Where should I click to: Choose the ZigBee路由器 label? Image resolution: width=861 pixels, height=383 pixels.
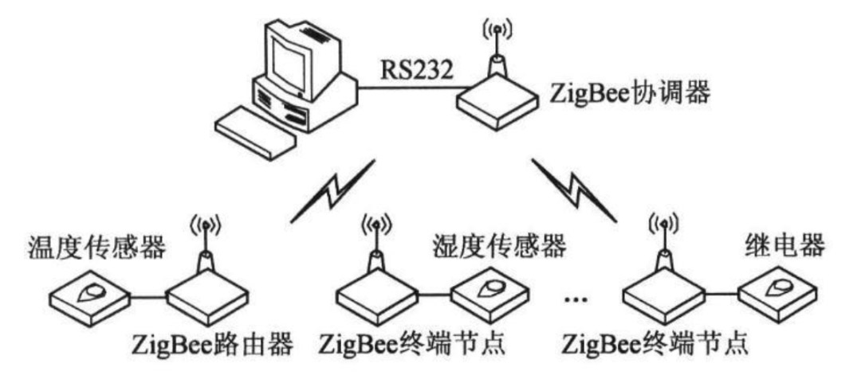point(213,346)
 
